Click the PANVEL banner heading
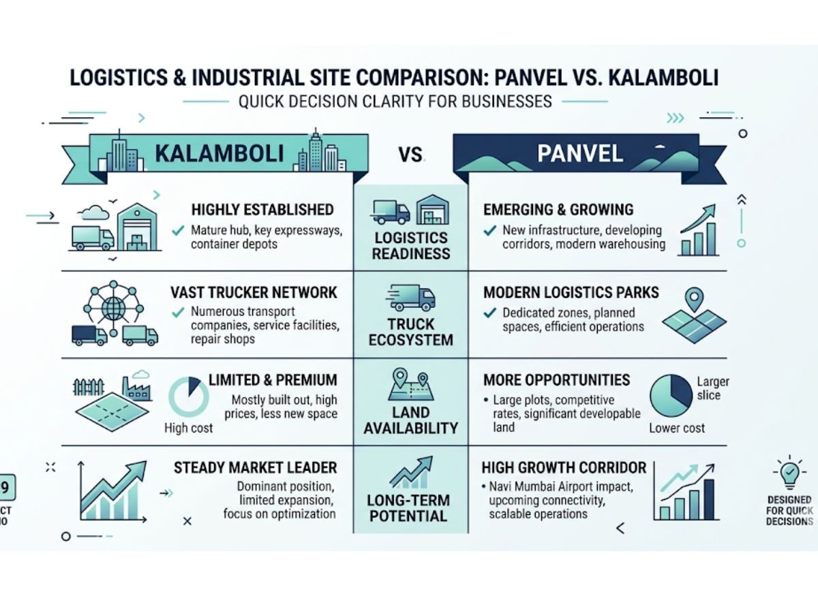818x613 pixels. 579,153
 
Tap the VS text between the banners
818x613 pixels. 411,155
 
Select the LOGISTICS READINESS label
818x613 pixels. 411,246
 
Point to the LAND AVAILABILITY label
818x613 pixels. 411,420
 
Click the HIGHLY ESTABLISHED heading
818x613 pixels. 262,210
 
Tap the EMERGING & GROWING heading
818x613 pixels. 558,210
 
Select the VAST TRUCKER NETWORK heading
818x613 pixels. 254,293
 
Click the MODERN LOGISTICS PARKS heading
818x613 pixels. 571,293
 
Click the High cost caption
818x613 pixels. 189,428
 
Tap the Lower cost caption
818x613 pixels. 676,428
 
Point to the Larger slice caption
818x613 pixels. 713,389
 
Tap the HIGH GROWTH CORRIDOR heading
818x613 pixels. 564,468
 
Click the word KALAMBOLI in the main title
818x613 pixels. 650,77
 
